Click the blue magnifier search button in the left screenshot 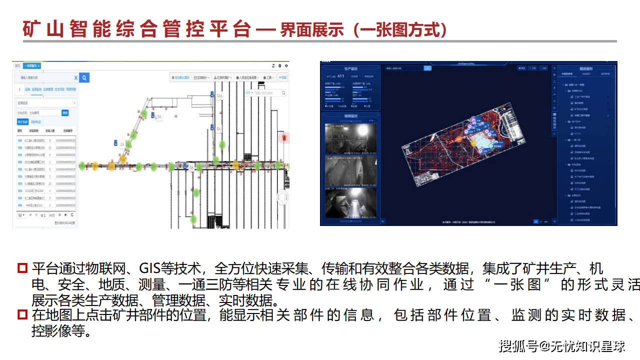[x=84, y=77]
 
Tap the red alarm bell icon [x=282, y=136]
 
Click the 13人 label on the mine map [x=219, y=95]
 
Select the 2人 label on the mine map [x=122, y=143]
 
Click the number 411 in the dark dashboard [x=341, y=76]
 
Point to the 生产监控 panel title [x=351, y=68]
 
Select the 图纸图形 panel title [x=586, y=68]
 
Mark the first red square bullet [x=22, y=268]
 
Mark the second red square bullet [x=22, y=315]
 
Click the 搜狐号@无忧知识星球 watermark [x=562, y=345]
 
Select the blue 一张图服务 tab [x=32, y=65]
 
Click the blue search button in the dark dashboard [x=427, y=68]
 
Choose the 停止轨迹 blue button [x=22, y=121]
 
